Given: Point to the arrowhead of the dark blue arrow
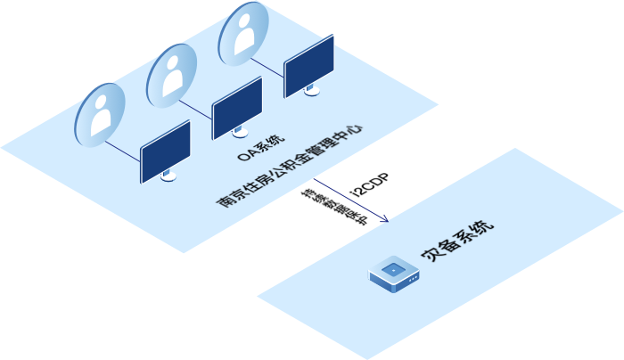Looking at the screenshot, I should (385, 218).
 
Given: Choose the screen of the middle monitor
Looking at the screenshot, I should (237, 108).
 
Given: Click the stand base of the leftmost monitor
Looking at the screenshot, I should (168, 177).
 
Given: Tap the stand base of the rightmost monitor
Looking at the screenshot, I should (311, 91).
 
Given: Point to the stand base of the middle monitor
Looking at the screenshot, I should (239, 134).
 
